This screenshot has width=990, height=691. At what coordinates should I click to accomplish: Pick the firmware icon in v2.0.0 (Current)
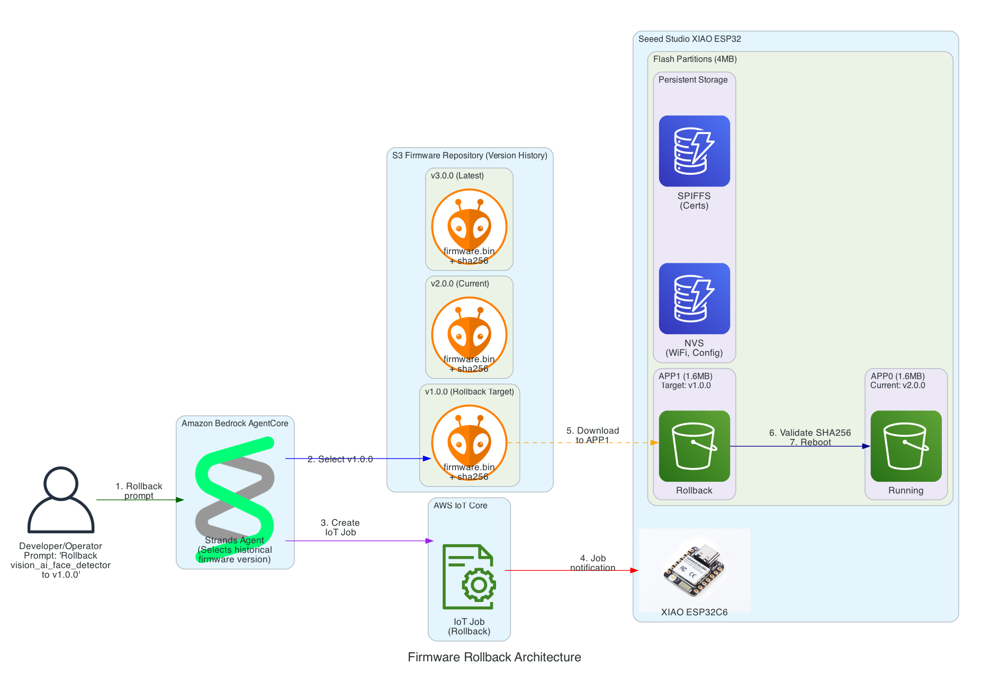(469, 334)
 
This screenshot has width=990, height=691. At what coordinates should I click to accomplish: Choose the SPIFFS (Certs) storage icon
(694, 151)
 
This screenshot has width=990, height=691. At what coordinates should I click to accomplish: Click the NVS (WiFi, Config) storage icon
(694, 298)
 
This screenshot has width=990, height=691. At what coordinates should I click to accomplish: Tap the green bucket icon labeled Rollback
(694, 446)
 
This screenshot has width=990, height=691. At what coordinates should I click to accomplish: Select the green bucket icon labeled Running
(905, 446)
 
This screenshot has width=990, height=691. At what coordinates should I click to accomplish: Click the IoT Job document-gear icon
(469, 577)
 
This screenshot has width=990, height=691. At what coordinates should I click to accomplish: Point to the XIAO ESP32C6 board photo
(694, 569)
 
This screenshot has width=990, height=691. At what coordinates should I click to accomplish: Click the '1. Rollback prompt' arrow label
(139, 491)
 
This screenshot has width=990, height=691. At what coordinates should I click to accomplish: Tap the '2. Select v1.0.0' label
(340, 459)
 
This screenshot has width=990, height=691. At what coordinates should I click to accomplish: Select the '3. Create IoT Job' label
(340, 527)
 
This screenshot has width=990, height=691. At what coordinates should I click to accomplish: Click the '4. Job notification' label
(592, 563)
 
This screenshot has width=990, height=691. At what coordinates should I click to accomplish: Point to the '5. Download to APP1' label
(592, 435)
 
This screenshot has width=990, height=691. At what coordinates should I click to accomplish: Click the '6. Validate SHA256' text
(810, 433)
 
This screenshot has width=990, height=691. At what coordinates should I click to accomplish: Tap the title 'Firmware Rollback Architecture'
(494, 657)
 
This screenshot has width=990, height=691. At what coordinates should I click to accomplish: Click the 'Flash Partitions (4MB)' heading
(695, 59)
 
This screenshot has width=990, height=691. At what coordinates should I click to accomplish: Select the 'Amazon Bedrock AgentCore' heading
(235, 424)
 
